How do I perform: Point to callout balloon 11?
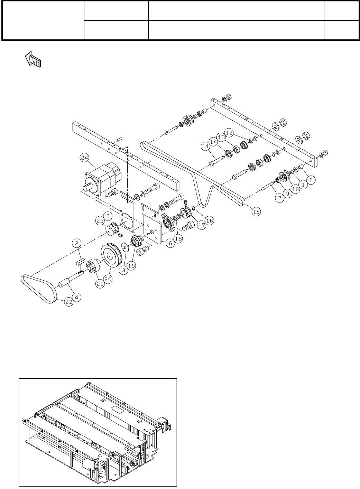206,147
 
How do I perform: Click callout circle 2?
77,243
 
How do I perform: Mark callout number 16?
210,220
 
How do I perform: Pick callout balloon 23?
100,220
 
